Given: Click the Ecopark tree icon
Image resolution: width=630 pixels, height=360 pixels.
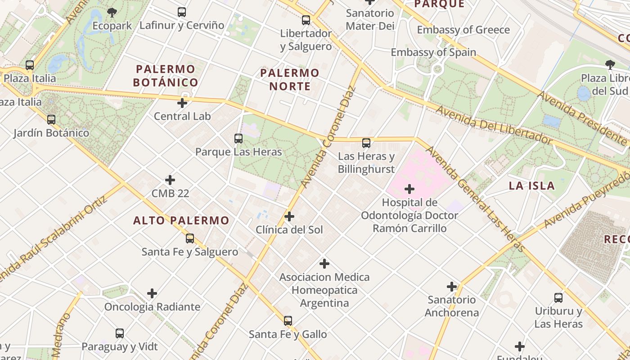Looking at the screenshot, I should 112,13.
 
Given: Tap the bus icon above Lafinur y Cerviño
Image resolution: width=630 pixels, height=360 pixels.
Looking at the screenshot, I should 182,12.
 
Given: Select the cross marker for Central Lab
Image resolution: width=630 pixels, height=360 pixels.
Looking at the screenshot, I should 182,103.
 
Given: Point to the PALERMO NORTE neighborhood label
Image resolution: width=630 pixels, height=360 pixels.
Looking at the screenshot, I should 290,79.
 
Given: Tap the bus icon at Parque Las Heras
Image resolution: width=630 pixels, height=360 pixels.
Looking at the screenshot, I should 238,139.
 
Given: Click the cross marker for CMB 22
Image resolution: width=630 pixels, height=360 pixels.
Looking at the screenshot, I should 170,180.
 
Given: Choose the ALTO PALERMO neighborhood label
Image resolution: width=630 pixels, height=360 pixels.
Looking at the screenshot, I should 181,220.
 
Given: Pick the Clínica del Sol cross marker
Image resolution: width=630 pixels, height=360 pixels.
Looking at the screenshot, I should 289,216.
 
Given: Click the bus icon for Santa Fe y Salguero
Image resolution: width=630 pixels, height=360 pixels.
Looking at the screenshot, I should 190,238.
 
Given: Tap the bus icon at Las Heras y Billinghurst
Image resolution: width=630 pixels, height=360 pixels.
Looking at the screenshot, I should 366,143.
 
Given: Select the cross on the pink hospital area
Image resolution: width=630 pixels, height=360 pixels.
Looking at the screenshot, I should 409,189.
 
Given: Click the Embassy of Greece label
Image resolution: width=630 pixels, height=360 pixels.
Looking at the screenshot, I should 463,30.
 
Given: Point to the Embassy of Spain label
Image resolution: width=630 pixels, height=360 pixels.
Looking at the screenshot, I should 433,52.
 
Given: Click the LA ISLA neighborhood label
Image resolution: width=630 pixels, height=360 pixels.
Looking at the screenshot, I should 532,186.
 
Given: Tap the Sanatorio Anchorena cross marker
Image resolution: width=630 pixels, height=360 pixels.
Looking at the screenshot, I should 452,286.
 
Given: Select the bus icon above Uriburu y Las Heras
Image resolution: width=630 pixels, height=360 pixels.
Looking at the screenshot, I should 558,297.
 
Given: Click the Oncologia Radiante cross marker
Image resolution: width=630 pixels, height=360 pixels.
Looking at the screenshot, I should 152,293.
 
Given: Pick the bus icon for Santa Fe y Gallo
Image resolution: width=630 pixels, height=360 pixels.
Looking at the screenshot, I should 288,321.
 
